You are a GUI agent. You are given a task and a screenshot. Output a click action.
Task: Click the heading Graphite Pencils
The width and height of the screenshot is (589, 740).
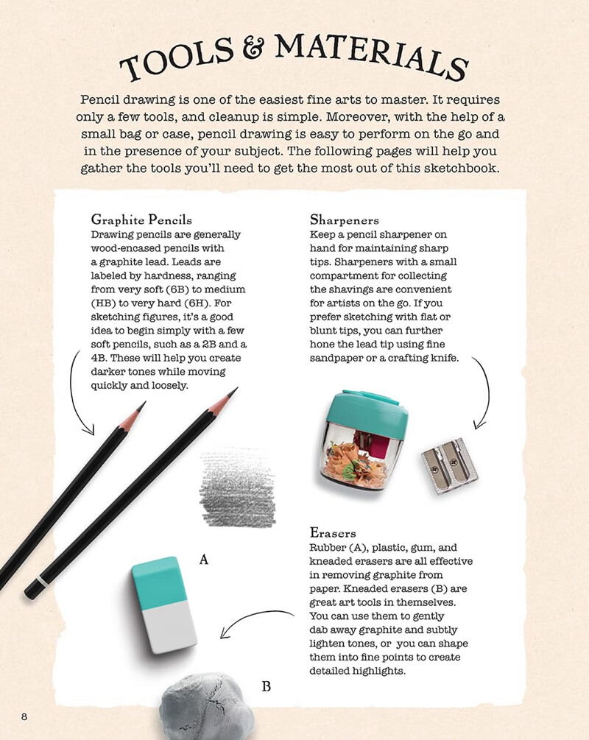(141, 219)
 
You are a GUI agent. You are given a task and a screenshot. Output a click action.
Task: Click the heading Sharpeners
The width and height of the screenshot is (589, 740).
(345, 219)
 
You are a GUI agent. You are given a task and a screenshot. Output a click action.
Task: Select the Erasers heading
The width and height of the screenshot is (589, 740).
(334, 532)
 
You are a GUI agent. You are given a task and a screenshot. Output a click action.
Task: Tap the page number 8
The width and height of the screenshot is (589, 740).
(24, 716)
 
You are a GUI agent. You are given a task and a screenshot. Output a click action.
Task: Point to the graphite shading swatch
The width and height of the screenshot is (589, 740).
(237, 485)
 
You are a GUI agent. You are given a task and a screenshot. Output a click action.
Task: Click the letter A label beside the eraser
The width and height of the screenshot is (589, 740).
(204, 560)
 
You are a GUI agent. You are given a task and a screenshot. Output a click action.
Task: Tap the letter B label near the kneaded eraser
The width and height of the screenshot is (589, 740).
(267, 687)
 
